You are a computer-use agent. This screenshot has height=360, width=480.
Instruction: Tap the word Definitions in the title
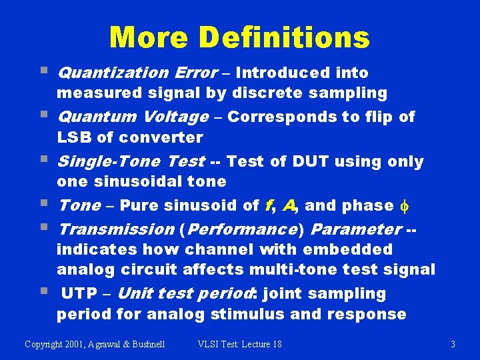[285, 37]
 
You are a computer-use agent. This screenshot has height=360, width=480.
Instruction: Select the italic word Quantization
[114, 73]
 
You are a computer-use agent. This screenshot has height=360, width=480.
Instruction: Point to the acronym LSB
[74, 137]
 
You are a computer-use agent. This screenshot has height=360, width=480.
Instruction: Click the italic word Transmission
[117, 229]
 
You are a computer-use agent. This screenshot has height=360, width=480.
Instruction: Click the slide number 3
[453, 345]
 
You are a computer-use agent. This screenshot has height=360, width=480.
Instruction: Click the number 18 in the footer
[276, 345]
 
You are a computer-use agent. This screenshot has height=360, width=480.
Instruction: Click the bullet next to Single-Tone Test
[43, 159]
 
